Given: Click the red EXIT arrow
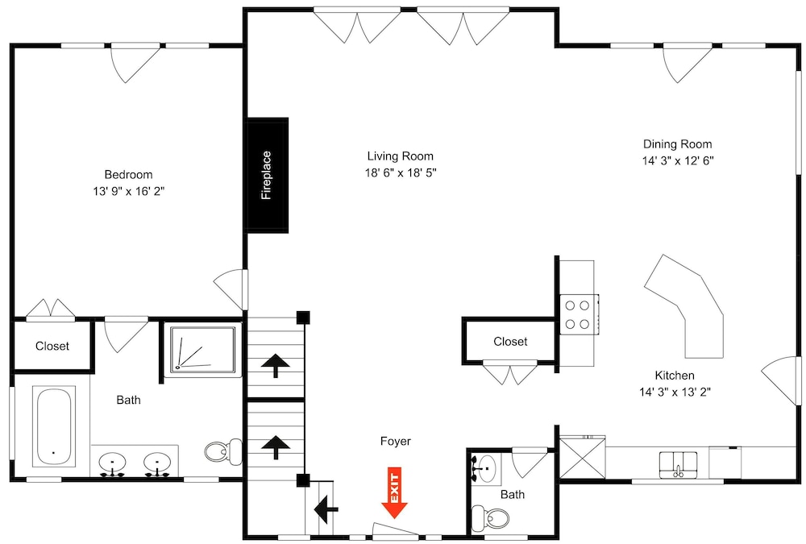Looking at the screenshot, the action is click(394, 492).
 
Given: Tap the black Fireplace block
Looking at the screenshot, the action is click(268, 175).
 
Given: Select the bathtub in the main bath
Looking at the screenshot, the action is click(53, 427).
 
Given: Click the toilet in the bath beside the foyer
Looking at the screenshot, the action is click(490, 517).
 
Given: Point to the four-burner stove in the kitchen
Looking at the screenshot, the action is click(579, 314).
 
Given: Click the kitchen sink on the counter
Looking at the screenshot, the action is click(679, 464).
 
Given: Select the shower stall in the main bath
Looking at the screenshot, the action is click(202, 349).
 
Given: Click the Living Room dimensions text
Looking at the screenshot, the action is click(401, 172).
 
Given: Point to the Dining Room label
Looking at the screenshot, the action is click(678, 144).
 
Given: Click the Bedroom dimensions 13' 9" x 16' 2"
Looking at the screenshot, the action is click(128, 191).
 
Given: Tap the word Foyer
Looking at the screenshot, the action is click(395, 441).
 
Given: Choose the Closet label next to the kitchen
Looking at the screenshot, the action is click(510, 342).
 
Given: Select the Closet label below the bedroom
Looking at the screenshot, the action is click(52, 346).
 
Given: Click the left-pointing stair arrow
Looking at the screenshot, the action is click(326, 509).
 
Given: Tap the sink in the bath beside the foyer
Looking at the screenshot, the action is click(484, 469).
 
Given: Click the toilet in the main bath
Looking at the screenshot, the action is click(223, 452).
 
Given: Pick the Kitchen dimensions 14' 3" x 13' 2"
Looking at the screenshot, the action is click(675, 392).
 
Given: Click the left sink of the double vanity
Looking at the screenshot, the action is click(112, 463).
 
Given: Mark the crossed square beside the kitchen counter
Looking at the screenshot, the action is click(583, 458).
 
